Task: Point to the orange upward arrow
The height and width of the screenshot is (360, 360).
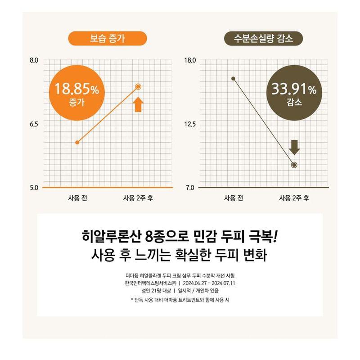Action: pyautogui.click(x=138, y=104)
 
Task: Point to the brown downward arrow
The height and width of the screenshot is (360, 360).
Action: pyautogui.click(x=294, y=147)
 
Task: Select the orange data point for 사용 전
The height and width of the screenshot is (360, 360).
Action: pyautogui.click(x=77, y=142)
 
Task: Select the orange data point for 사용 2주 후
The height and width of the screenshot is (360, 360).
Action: pyautogui.click(x=138, y=86)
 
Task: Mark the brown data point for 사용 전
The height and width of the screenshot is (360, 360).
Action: pyautogui.click(x=233, y=78)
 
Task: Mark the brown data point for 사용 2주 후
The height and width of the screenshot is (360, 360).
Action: pyautogui.click(x=294, y=165)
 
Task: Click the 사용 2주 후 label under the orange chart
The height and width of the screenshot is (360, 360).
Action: pyautogui.click(x=138, y=198)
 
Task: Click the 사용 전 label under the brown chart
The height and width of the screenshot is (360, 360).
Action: pyautogui.click(x=233, y=198)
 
